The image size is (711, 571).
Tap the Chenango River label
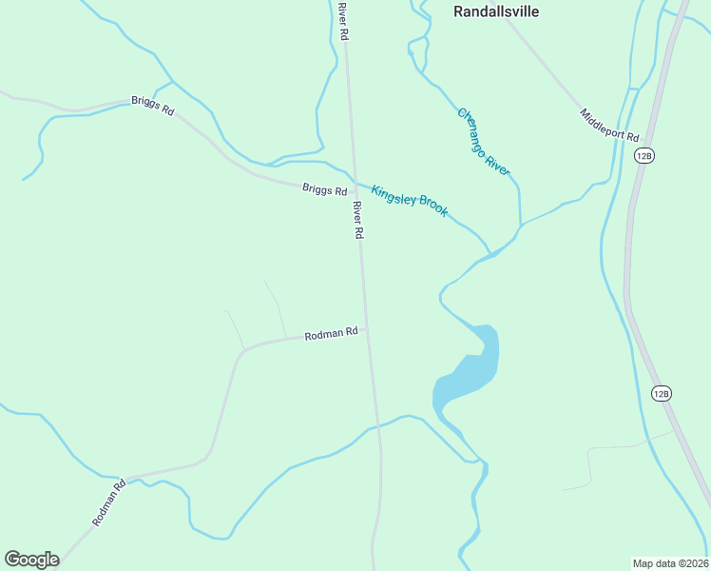tap(484, 140)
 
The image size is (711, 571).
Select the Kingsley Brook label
tap(409, 200)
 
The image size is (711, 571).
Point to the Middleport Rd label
tap(609, 125)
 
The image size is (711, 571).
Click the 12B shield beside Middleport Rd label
tap(645, 155)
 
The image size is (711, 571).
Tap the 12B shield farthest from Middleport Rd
tap(663, 392)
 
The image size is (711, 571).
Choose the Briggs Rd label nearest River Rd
tap(324, 189)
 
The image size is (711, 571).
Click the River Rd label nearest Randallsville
tap(343, 21)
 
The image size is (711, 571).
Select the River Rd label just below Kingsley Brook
tap(358, 220)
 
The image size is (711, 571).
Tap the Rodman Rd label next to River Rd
tap(331, 334)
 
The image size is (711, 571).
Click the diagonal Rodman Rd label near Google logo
tap(108, 503)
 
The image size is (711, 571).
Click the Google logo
tap(31, 560)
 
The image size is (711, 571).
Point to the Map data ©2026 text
tap(670, 562)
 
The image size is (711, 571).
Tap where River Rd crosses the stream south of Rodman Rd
tap(378, 426)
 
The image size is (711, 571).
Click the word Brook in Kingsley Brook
tap(430, 207)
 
